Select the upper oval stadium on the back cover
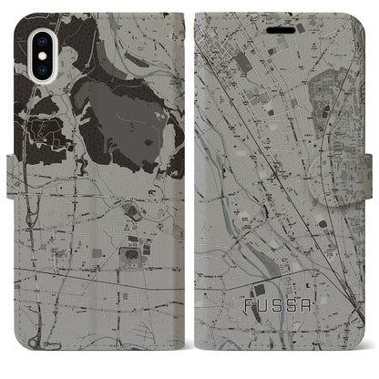[x=133, y=212]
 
